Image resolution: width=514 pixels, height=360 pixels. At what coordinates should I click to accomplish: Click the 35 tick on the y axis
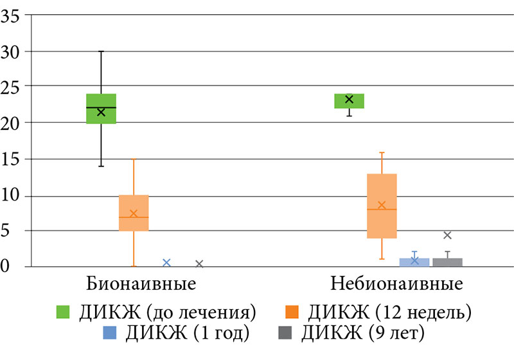coord(10,15)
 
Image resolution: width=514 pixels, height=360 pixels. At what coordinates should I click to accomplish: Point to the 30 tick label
coord(10,51)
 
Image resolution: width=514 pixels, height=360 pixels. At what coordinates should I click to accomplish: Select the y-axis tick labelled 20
coord(10,122)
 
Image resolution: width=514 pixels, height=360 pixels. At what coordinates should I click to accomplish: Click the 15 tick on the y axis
coord(10,159)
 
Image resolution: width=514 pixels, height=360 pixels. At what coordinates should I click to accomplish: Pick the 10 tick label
coord(10,195)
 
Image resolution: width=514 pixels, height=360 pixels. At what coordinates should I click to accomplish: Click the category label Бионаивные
coord(141,283)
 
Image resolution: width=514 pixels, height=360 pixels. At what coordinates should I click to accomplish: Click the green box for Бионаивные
coord(101,109)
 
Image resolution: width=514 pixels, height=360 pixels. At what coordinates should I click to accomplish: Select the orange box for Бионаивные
coord(134,213)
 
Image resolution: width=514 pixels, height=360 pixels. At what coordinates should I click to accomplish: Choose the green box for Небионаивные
coord(349,101)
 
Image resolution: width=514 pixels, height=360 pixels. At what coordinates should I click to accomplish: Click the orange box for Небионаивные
coord(382,206)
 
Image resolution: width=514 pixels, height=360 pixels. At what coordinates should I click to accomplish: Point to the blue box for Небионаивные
coord(414,262)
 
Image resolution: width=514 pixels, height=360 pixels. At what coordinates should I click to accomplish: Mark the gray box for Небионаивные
coord(447,262)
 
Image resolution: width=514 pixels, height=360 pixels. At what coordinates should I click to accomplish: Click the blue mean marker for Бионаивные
coord(166,262)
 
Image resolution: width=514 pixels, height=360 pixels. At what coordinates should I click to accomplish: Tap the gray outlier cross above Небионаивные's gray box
coord(447,235)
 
